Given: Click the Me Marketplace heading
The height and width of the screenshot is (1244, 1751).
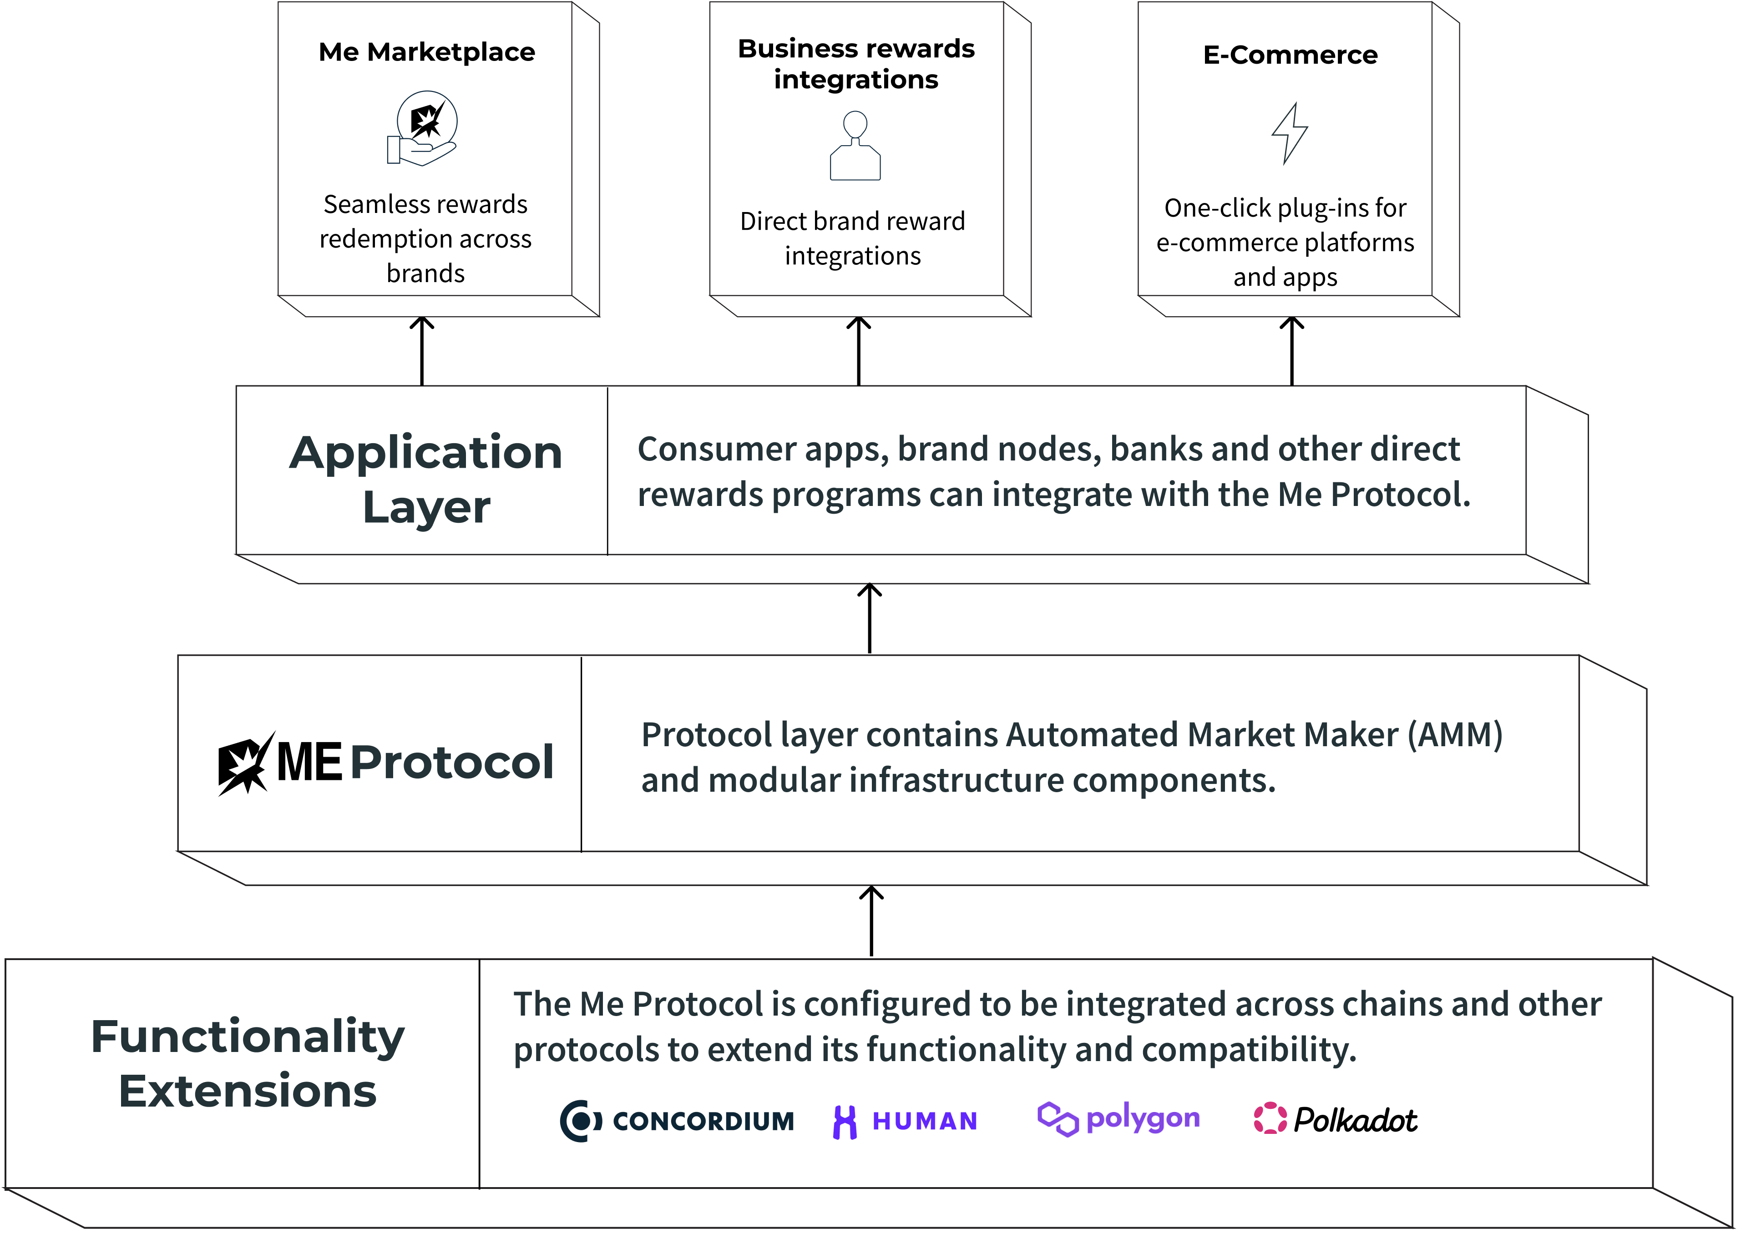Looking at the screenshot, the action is [x=427, y=52].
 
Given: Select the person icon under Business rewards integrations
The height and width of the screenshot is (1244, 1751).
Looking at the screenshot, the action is [x=855, y=146].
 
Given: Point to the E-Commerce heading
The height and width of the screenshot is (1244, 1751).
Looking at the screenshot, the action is [x=1290, y=55].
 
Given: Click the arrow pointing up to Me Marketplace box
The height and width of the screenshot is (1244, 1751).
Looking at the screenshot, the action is [x=422, y=351].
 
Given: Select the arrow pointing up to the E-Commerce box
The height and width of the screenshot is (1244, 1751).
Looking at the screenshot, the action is [x=1292, y=351].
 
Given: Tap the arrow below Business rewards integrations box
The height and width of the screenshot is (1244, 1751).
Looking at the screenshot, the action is [x=859, y=351].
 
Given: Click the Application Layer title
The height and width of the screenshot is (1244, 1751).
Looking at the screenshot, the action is [x=426, y=479].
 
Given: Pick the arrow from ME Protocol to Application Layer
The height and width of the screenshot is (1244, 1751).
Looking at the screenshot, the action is [x=870, y=618].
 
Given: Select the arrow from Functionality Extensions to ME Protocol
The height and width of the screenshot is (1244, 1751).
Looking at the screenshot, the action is [x=872, y=921].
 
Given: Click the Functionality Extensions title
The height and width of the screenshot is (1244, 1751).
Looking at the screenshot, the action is [x=248, y=1063].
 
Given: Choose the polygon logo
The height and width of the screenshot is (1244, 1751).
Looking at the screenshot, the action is [x=1118, y=1120].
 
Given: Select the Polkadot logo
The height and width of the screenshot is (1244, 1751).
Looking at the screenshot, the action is [x=1335, y=1120].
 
